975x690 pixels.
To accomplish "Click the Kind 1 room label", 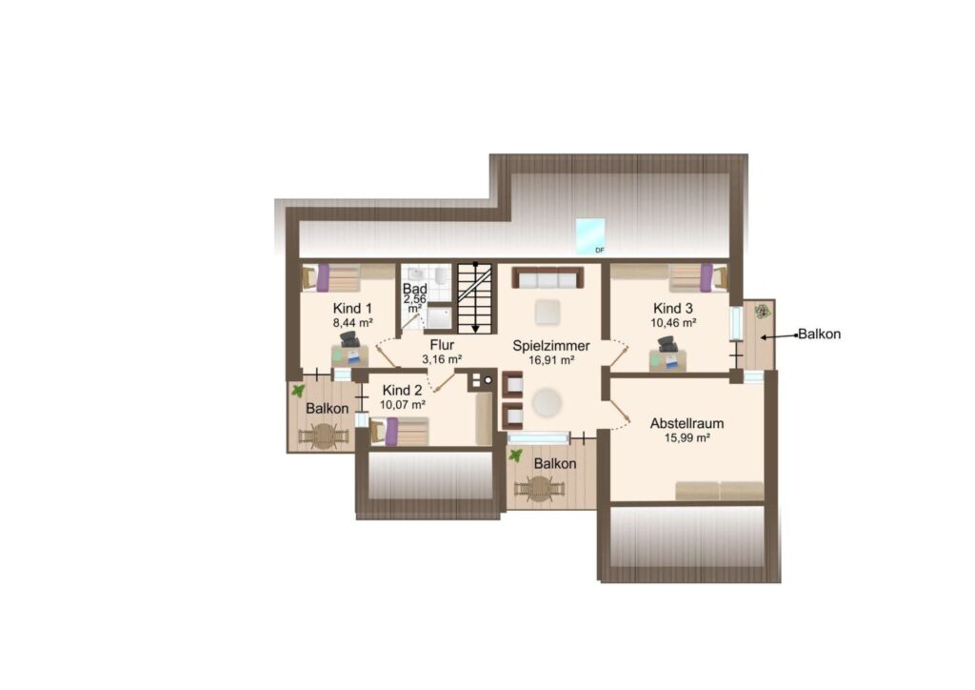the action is (352, 308).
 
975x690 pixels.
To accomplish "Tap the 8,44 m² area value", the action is (352, 323).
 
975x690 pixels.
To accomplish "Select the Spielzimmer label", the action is (551, 346).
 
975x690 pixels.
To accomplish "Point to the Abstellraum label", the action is (686, 423).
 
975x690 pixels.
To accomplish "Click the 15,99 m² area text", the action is (687, 437).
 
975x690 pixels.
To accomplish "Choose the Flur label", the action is (442, 345).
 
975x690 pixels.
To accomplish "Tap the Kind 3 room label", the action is (673, 308).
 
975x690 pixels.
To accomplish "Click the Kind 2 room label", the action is (402, 390).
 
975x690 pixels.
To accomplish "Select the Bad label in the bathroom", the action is (415, 289).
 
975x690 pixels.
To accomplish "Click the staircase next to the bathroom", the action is (475, 298).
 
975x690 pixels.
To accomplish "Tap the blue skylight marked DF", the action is (590, 236).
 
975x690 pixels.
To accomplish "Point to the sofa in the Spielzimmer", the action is (547, 277).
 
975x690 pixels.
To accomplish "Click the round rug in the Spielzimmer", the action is (547, 402).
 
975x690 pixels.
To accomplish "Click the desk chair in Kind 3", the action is (667, 344).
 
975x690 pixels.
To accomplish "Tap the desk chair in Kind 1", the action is (350, 339).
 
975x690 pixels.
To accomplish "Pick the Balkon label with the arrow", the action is (819, 335).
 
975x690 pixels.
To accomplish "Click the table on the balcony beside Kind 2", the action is (323, 436).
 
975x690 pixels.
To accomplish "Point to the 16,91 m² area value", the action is (551, 360).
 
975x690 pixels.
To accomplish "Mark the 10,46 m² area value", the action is (673, 323).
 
